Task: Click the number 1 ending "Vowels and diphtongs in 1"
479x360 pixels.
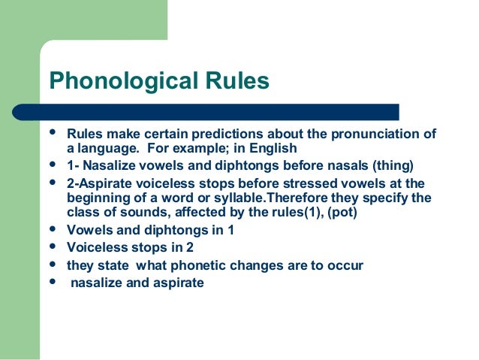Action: tap(230, 231)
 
